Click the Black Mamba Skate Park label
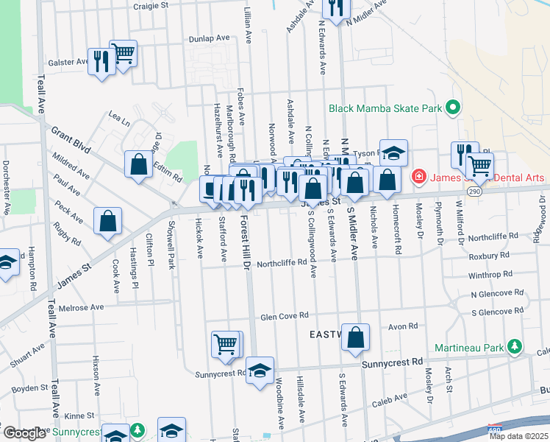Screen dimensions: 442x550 click(x=385, y=108)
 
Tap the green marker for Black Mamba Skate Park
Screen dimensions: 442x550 click(x=453, y=108)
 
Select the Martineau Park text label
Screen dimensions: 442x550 click(x=478, y=346)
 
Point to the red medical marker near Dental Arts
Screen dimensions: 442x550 click(x=418, y=176)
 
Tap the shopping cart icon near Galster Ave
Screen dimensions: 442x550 click(x=124, y=53)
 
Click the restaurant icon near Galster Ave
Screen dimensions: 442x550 click(x=100, y=61)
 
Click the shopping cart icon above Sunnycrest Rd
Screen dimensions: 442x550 click(x=225, y=343)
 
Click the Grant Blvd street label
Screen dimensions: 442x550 click(x=71, y=139)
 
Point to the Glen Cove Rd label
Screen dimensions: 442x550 click(x=282, y=317)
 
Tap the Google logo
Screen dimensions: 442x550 click(x=24, y=433)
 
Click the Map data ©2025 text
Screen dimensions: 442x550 click(x=518, y=436)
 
